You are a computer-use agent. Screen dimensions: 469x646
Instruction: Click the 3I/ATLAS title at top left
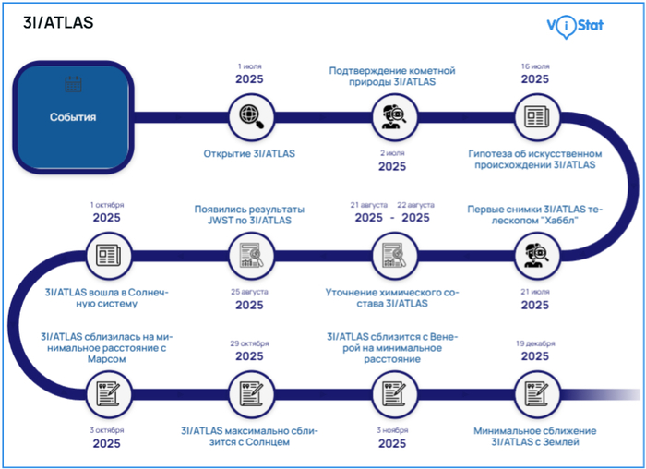point(58,22)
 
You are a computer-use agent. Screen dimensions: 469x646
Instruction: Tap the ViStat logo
point(575,25)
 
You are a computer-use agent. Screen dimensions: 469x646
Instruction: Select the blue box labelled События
point(73,117)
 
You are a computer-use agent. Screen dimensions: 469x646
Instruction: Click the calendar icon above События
point(73,85)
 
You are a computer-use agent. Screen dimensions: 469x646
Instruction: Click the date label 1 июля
point(249,66)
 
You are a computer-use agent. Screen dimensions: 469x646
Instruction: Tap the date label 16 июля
point(535,66)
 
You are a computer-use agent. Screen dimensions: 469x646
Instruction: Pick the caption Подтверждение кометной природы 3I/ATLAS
point(392,76)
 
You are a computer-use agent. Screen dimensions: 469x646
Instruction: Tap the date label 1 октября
point(106,204)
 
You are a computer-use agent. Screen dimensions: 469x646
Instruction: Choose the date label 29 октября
point(249,343)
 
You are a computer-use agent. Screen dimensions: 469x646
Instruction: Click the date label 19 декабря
point(535,343)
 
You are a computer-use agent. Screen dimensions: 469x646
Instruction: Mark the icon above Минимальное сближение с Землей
point(535,391)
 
